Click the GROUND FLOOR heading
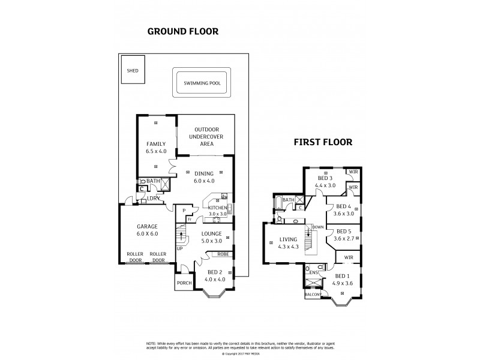[182, 31]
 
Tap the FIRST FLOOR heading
[322, 142]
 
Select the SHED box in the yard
[132, 70]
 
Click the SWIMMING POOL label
[202, 83]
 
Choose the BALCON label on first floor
[312, 295]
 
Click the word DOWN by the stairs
[318, 227]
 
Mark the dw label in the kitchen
[224, 196]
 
